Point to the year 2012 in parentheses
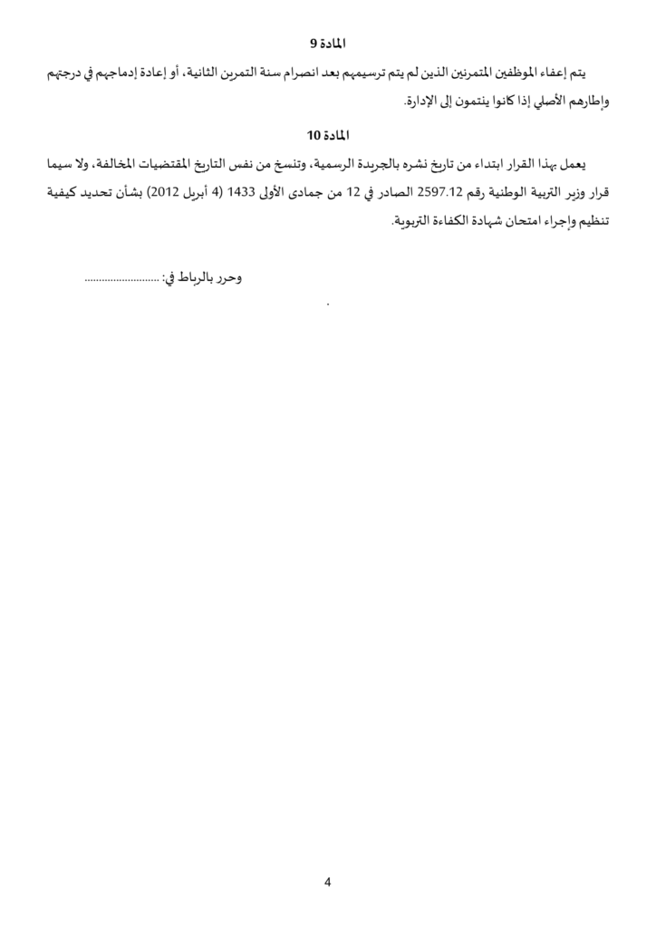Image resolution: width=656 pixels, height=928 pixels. (169, 193)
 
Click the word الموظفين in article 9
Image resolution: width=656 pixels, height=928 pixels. (514, 72)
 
